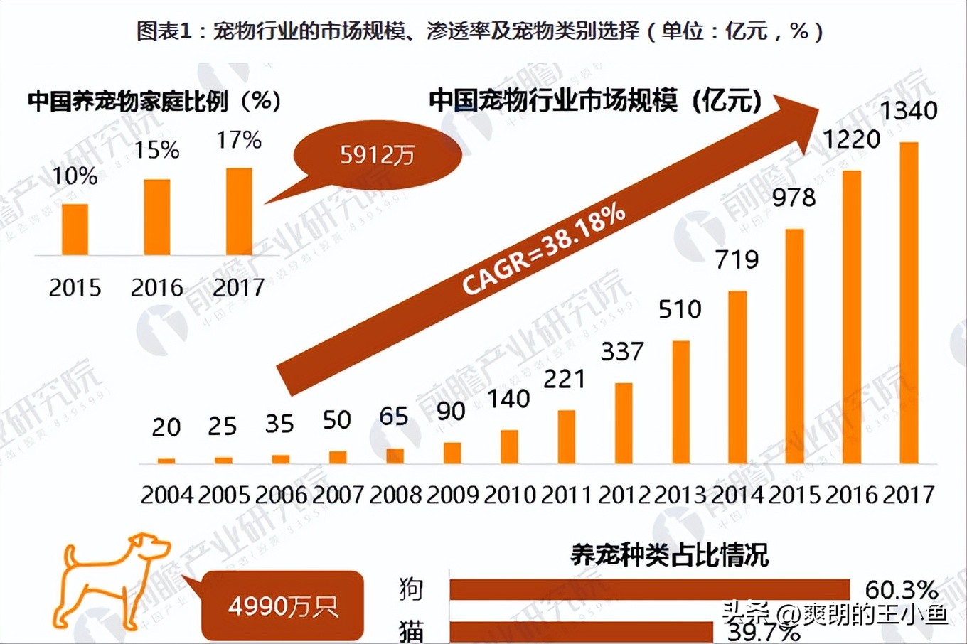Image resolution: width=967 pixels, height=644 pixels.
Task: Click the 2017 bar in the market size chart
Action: [909, 303]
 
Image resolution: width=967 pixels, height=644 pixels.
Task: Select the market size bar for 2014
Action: [737, 377]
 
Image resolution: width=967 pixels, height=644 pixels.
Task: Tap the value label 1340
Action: [909, 111]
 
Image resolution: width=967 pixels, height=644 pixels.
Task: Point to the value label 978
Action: [794, 198]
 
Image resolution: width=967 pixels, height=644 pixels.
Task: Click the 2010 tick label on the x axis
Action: [509, 494]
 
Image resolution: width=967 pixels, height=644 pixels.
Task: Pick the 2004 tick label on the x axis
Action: [166, 494]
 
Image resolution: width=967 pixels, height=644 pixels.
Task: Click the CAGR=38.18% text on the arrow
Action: [544, 249]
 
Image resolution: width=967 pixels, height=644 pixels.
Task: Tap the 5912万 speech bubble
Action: [378, 154]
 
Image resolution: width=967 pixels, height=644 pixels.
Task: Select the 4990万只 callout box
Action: [283, 606]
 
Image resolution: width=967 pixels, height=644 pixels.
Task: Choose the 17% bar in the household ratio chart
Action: [239, 212]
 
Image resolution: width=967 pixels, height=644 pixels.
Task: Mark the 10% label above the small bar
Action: [75, 176]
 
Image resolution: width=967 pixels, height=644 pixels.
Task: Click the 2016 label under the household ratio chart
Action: [157, 288]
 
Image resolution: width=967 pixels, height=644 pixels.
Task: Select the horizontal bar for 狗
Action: [649, 589]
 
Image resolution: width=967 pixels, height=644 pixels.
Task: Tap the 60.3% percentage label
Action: [901, 590]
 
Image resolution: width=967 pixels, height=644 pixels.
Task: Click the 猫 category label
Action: [412, 630]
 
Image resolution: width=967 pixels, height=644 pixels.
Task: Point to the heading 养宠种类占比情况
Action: [669, 554]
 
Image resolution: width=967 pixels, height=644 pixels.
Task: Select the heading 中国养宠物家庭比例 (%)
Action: [154, 101]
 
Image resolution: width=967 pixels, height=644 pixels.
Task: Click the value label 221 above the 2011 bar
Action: [565, 379]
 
